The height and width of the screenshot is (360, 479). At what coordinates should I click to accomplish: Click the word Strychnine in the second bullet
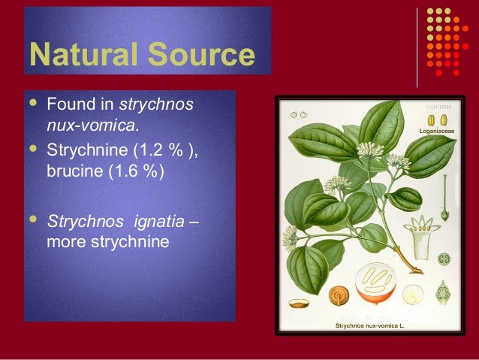point(86,148)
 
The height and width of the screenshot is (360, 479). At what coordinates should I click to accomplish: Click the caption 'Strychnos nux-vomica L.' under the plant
point(369,326)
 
